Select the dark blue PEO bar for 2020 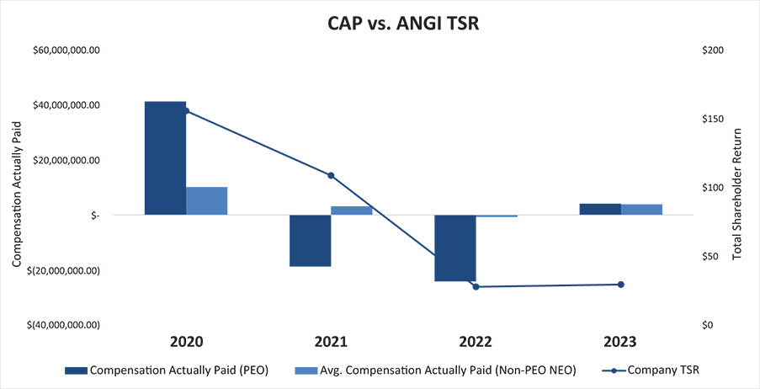click(165, 157)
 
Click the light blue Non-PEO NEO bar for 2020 click(206, 200)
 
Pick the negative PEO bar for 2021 click(310, 240)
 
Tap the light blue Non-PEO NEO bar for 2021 click(351, 210)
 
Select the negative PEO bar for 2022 click(454, 248)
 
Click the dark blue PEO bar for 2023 click(600, 209)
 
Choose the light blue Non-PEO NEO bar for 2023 click(641, 210)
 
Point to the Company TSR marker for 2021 click(331, 176)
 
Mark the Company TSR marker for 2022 click(476, 287)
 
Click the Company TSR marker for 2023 click(621, 285)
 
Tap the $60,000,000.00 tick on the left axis click(64, 51)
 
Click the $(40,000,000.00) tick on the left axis click(64, 325)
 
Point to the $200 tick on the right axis click(711, 51)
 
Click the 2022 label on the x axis click(476, 343)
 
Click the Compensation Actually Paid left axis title click(16, 188)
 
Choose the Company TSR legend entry click(650, 369)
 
